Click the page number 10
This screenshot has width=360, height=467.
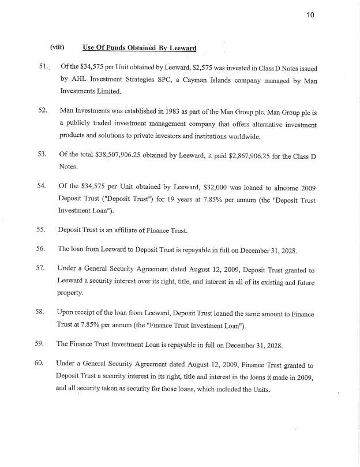pyautogui.click(x=310, y=16)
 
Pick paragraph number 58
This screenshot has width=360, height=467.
pyautogui.click(x=41, y=312)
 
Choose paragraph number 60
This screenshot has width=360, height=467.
pyautogui.click(x=41, y=364)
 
